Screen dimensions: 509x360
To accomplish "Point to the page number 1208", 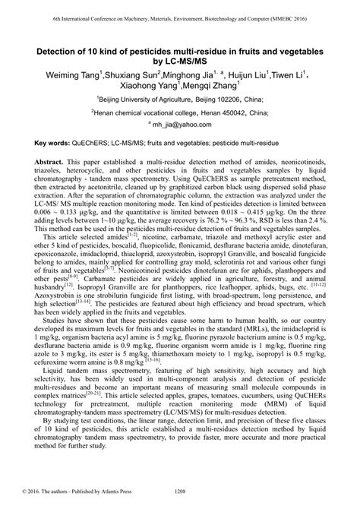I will point(180,501).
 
